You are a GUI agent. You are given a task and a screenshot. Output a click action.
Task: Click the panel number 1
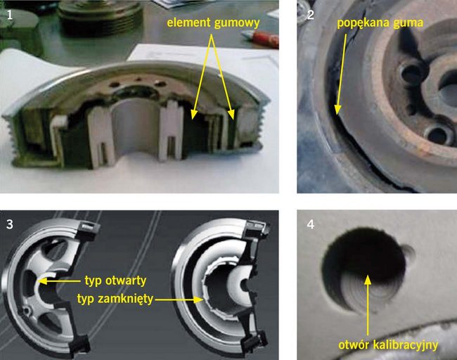[10, 15]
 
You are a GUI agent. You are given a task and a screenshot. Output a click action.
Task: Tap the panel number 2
[310, 15]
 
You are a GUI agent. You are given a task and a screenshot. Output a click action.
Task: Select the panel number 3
[10, 224]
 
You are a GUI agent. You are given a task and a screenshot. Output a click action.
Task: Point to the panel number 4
[311, 224]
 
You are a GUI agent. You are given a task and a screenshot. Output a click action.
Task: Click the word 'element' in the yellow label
[188, 22]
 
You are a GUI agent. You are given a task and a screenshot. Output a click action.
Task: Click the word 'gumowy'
[236, 23]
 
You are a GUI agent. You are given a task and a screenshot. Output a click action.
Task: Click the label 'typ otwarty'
[115, 281]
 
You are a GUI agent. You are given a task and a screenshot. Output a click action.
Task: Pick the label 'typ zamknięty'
[115, 299]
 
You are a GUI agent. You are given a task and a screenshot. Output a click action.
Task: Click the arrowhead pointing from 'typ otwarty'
[42, 281]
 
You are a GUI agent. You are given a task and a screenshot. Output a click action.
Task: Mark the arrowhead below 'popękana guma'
[337, 110]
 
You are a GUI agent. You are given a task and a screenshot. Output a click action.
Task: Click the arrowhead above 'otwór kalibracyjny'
[368, 280]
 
